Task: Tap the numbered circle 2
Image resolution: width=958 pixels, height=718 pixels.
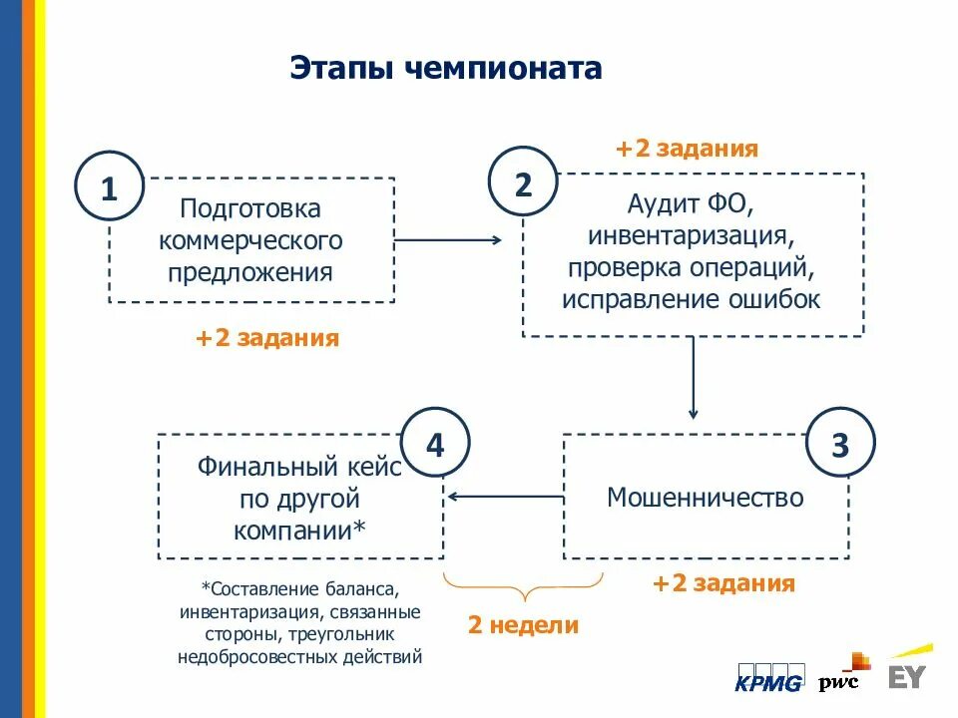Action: (x=523, y=182)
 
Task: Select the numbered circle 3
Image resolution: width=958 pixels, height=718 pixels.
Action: (x=840, y=444)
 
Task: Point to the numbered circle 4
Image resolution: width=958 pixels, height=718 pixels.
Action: (x=435, y=444)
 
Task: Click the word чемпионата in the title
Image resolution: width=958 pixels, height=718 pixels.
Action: (x=505, y=68)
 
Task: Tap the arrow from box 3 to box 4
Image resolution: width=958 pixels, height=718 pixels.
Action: (x=505, y=496)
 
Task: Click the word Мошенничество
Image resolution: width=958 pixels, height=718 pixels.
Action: (x=706, y=497)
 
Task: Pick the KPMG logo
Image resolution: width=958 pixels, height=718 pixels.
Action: (x=768, y=677)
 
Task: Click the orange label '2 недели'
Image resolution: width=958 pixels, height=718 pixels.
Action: (x=523, y=625)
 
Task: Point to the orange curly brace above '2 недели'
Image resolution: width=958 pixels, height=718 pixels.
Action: (x=523, y=585)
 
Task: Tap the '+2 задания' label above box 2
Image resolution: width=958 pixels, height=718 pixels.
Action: (x=687, y=149)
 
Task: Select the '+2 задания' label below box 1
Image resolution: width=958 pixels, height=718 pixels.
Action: (x=267, y=338)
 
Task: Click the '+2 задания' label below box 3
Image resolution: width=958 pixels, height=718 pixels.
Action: (x=723, y=583)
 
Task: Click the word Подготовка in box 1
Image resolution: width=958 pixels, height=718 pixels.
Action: (x=250, y=209)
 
